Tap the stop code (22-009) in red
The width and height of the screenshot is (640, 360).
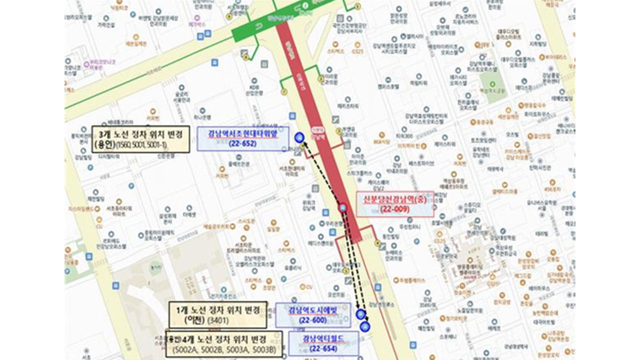[394, 209]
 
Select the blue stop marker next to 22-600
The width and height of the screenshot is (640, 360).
[360, 314]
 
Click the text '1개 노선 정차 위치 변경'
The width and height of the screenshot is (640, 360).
[217, 310]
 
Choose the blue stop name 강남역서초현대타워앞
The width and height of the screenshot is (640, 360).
[242, 133]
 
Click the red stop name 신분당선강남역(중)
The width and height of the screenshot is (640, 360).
[394, 199]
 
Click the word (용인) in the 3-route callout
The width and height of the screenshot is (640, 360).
[104, 145]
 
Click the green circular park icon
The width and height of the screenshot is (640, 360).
[492, 84]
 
